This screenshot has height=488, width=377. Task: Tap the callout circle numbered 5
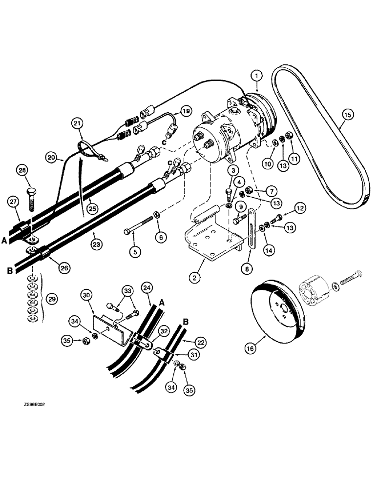tap(134, 252)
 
